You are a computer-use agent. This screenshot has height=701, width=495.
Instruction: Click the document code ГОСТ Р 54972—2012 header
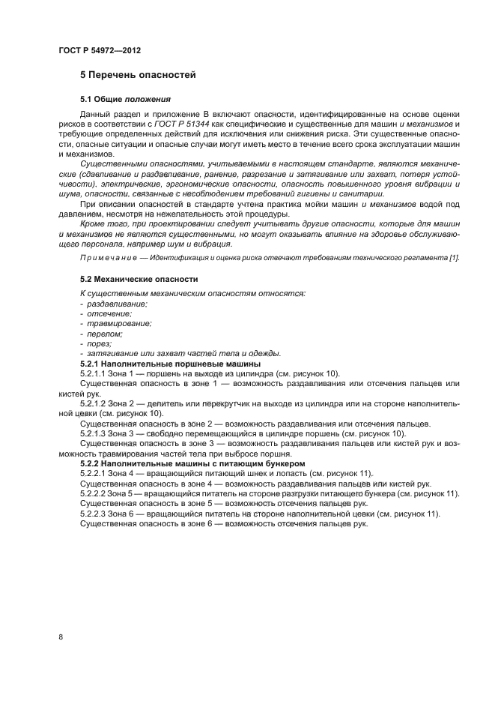[99, 50]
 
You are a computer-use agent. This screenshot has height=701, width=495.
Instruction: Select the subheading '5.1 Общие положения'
[126, 98]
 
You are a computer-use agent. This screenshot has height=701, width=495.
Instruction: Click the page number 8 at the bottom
[61, 637]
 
